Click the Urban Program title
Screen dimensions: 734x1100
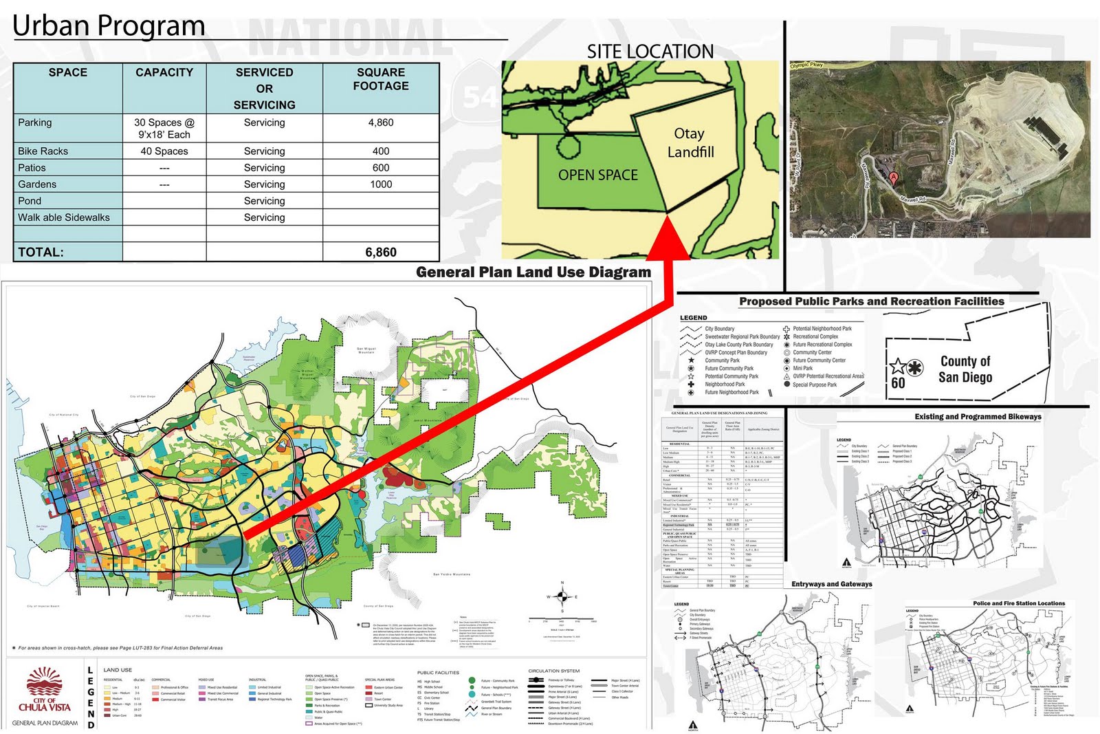click(109, 26)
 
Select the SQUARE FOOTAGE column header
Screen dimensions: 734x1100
click(381, 79)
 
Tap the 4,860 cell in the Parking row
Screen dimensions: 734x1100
click(381, 122)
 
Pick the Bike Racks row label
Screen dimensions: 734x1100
click(43, 151)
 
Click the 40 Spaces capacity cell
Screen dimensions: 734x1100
click(164, 151)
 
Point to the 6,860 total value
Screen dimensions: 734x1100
click(381, 252)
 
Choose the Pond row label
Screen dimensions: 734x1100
click(30, 201)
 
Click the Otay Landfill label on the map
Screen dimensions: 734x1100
click(690, 143)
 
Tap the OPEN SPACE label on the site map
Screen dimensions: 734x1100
click(597, 175)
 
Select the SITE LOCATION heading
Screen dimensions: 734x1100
click(650, 52)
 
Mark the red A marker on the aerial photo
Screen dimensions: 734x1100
click(893, 177)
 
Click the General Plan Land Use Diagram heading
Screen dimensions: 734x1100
click(533, 272)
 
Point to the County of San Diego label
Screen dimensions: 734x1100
click(965, 369)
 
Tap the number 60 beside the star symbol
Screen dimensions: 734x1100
click(898, 383)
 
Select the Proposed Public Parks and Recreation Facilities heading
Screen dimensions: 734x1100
click(872, 301)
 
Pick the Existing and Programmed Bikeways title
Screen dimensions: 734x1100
click(978, 417)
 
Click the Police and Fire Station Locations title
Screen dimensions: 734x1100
click(1019, 603)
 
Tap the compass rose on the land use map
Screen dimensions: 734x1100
click(562, 596)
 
